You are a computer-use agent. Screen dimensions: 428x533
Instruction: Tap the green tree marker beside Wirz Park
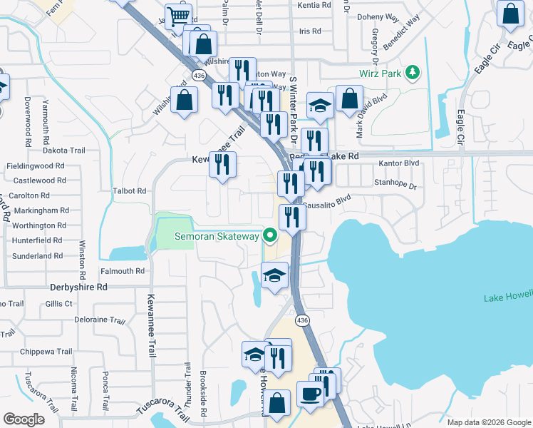click(411, 73)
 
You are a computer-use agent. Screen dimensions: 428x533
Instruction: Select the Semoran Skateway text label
click(217, 235)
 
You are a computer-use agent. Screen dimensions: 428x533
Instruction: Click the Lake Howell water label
click(508, 297)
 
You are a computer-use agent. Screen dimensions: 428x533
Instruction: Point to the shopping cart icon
click(177, 16)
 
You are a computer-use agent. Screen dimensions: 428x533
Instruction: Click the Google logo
click(24, 419)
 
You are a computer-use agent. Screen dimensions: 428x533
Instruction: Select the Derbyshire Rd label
click(78, 287)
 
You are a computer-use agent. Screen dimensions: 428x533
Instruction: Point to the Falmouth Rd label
click(122, 271)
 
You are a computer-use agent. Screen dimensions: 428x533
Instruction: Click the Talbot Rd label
click(130, 191)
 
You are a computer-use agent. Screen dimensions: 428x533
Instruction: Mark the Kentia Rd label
click(315, 5)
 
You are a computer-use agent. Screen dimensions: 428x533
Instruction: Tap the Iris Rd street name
click(310, 31)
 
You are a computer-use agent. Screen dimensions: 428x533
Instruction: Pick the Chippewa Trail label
click(46, 352)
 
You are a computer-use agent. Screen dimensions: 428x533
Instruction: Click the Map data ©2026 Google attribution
click(490, 422)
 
